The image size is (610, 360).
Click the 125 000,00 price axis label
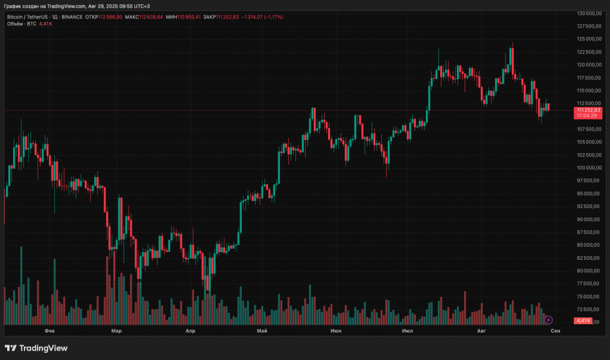point(589,39)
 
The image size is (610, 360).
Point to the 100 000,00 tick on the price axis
point(589,167)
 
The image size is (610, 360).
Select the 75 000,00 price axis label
point(589,296)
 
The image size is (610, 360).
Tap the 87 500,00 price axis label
point(589,232)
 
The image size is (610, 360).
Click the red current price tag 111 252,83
point(589,110)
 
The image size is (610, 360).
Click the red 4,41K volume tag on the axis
point(583,321)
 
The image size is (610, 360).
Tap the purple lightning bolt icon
point(549,320)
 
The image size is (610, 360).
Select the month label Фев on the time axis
point(49,330)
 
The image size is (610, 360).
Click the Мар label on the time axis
point(116,330)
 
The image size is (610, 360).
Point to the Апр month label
point(191,330)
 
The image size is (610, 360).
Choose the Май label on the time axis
point(262,330)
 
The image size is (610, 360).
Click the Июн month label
point(335,330)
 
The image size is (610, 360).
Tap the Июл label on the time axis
point(408,330)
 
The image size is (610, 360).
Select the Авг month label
point(481,330)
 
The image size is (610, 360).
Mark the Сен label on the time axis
point(555,330)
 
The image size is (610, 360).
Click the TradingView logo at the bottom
point(36,348)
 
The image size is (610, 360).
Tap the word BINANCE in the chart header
point(72,17)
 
